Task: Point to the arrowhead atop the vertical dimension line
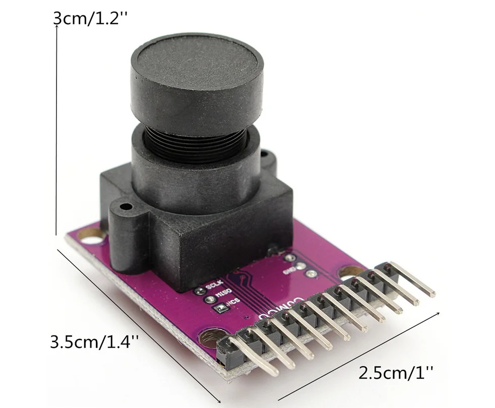pyautogui.click(x=56, y=27)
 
